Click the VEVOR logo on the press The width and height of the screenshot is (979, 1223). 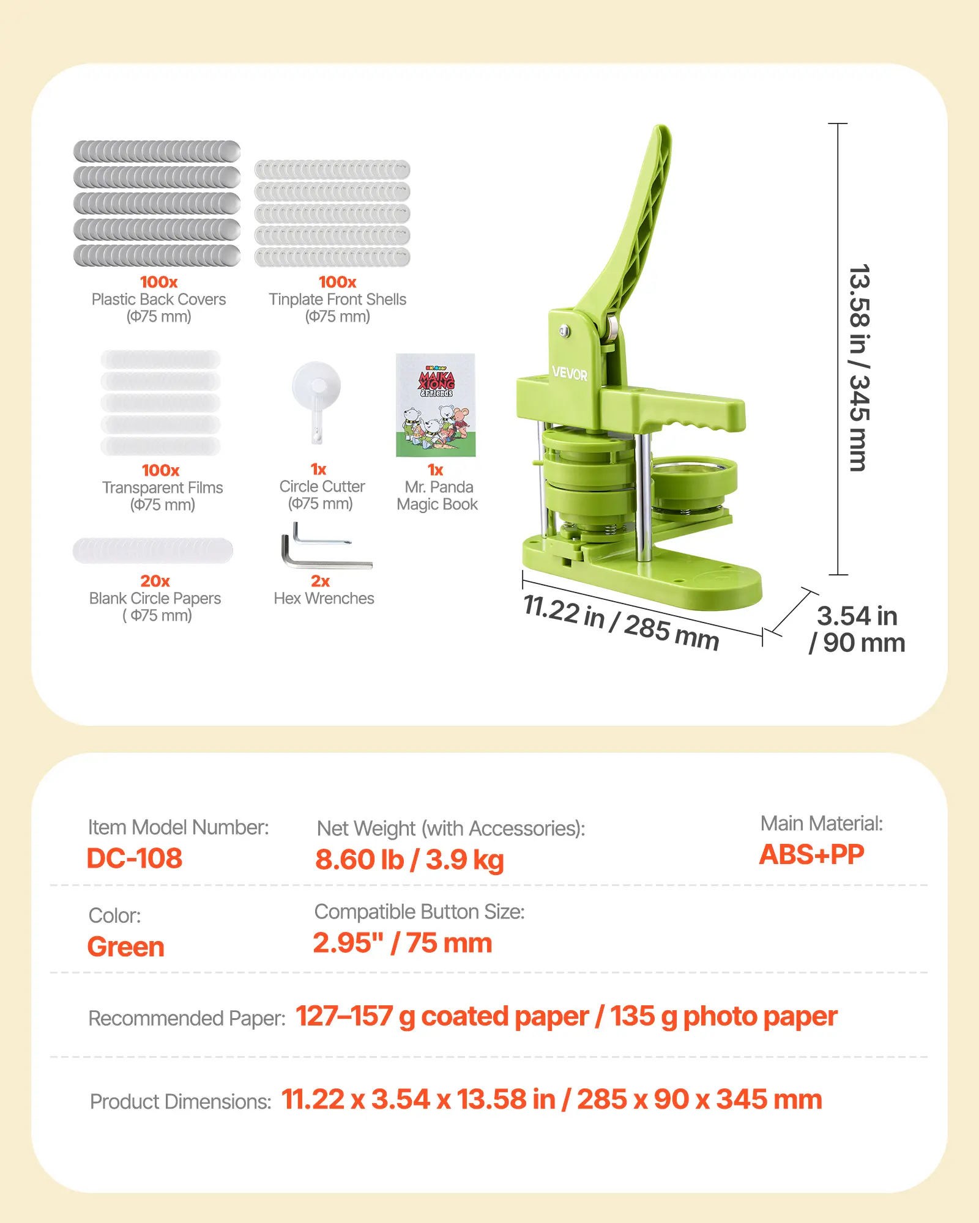pos(569,373)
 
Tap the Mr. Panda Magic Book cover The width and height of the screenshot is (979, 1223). pos(436,405)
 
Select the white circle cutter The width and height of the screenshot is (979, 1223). pos(316,401)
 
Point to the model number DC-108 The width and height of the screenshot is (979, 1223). pos(135,859)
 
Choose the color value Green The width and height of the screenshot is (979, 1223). pos(126,947)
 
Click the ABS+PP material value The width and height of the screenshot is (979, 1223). pos(811,855)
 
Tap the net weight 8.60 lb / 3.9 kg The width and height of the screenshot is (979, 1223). pos(409,860)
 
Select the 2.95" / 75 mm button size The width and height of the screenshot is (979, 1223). pos(402,943)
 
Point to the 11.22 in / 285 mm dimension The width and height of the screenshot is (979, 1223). pos(621,622)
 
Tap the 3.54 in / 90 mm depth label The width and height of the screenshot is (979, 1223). pos(857,629)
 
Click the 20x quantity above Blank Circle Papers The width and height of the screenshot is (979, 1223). pos(155,581)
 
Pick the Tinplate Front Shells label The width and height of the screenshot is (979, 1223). pos(337,300)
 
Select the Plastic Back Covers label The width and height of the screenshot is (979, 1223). pos(158,300)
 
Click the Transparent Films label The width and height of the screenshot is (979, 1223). pos(162,488)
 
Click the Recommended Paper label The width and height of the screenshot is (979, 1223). pos(187,1018)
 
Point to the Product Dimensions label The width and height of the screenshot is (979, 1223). pos(181,1101)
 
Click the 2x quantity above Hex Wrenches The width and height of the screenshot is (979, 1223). pos(320,581)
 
